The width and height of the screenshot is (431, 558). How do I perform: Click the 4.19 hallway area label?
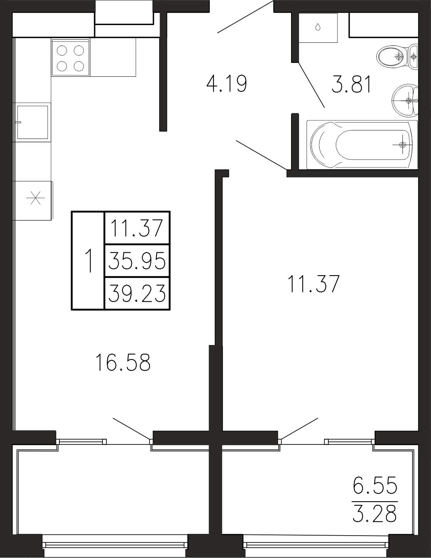pyautogui.click(x=227, y=84)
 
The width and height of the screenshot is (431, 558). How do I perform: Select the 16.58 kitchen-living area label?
pyautogui.click(x=123, y=362)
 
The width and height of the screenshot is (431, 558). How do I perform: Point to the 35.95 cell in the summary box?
pyautogui.click(x=137, y=260)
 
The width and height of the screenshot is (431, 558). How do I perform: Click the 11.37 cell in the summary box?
pyautogui.click(x=137, y=228)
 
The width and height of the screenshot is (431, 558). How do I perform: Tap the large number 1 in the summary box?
pyautogui.click(x=89, y=261)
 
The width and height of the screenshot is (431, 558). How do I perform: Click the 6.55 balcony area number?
pyautogui.click(x=375, y=484)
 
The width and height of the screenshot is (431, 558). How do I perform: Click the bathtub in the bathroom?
pyautogui.click(x=362, y=145)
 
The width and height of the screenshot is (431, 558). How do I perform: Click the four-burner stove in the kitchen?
pyautogui.click(x=71, y=57)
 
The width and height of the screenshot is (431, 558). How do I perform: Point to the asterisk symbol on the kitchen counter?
pyautogui.click(x=36, y=198)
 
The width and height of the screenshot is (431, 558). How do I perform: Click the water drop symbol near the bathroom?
pyautogui.click(x=318, y=27)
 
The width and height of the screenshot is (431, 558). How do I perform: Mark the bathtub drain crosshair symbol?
pyautogui.click(x=402, y=145)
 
